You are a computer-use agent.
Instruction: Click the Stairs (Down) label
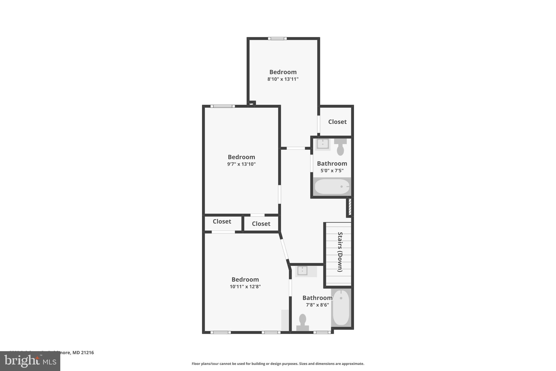click(340, 252)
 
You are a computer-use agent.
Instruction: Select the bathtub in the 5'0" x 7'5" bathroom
click(332, 186)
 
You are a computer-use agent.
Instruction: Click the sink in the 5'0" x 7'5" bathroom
click(323, 144)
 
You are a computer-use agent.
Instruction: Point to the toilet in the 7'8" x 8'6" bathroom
click(302, 322)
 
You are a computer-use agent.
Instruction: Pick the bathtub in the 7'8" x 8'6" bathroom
click(341, 307)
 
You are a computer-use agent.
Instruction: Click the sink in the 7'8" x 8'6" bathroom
click(302, 271)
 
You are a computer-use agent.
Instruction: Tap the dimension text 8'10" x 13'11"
click(283, 79)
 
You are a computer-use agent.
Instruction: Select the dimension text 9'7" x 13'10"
click(241, 164)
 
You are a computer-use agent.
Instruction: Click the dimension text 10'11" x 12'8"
click(245, 286)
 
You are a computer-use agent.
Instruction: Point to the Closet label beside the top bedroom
click(337, 122)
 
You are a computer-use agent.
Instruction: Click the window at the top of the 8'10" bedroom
click(277, 39)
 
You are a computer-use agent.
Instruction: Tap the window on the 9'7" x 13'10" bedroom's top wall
click(223, 106)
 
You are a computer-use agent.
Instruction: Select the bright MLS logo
click(30, 361)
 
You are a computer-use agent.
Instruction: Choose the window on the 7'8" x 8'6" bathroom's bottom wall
click(322, 332)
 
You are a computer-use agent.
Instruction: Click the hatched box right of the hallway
click(350, 207)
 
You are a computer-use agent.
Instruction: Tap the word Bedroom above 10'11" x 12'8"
click(245, 279)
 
